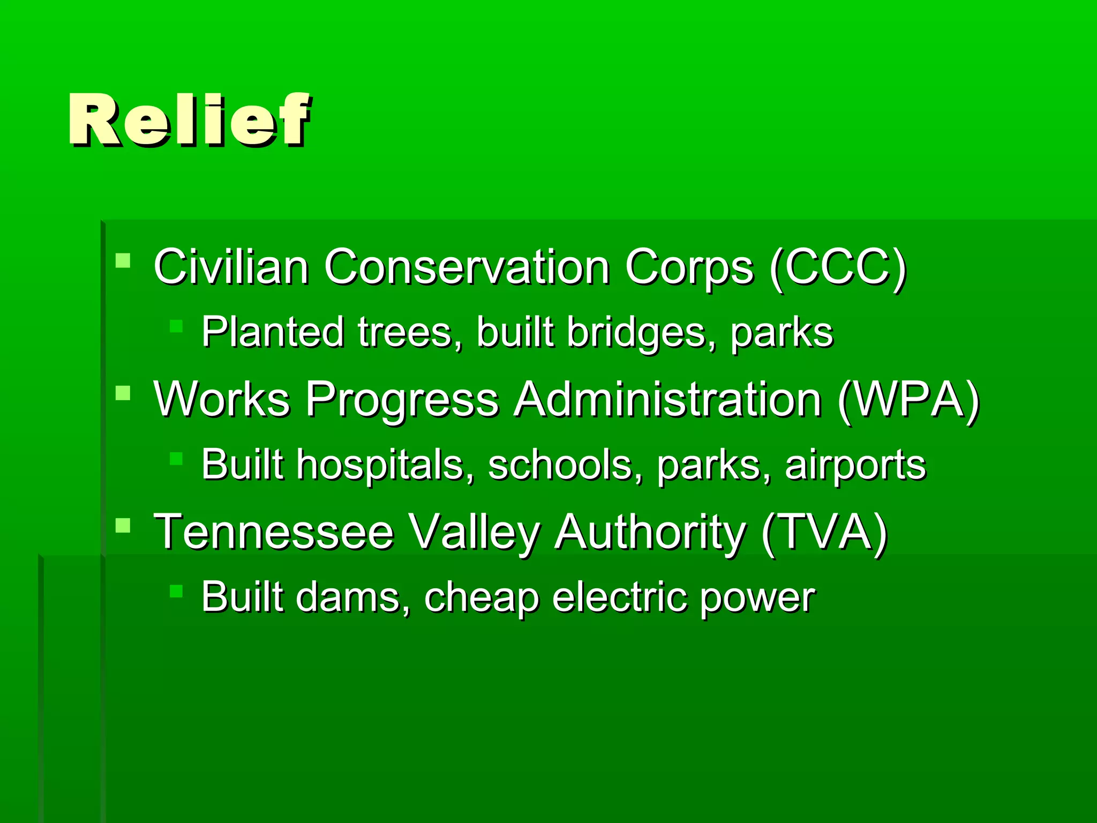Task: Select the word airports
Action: pyautogui.click(x=855, y=465)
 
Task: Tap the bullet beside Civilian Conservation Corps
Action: pyautogui.click(x=123, y=261)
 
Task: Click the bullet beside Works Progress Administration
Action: pyautogui.click(x=123, y=393)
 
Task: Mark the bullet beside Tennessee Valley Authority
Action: pyautogui.click(x=123, y=526)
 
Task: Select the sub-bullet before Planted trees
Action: pyautogui.click(x=176, y=326)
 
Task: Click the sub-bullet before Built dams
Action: pyautogui.click(x=176, y=591)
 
